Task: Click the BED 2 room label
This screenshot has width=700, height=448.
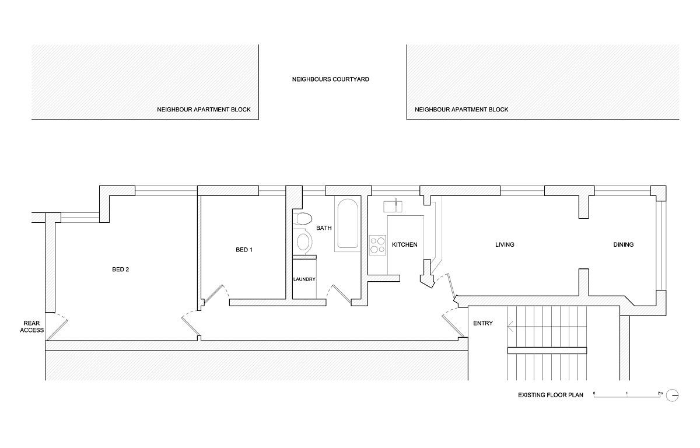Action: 120,269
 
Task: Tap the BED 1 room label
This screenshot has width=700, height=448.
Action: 244,250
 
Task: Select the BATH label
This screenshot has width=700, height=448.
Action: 324,228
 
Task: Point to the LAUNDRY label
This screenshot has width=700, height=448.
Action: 304,279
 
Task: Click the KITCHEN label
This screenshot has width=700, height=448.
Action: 404,244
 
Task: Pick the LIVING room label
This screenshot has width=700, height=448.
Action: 505,244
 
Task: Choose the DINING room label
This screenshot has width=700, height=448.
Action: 623,244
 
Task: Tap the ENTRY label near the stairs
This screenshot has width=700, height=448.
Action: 483,323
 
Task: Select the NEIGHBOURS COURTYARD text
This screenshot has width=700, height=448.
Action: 331,79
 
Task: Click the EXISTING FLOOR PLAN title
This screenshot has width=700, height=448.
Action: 551,395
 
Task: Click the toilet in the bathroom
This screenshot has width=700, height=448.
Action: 303,220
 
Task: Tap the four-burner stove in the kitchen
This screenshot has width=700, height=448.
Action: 377,244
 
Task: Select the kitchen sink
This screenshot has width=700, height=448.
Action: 395,206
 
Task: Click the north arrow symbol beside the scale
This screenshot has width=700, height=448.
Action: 673,395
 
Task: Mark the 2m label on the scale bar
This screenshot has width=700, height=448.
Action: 660,393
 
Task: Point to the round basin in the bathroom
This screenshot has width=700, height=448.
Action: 303,240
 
